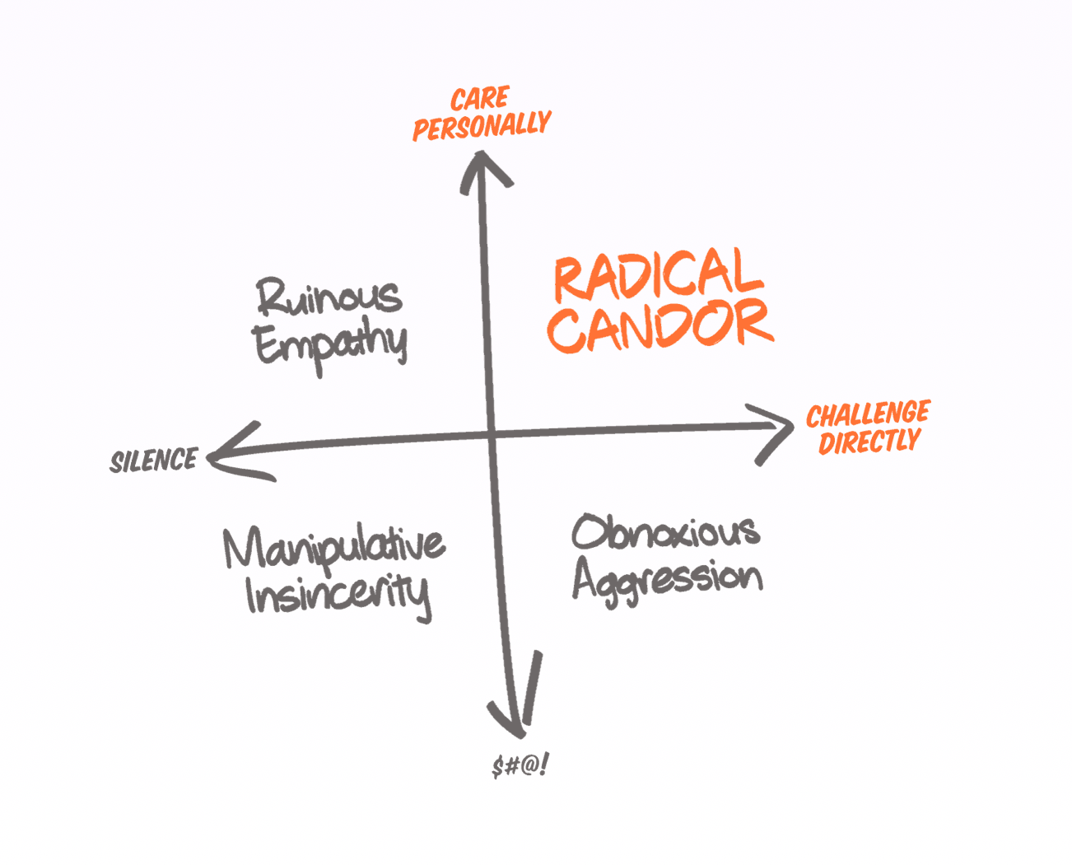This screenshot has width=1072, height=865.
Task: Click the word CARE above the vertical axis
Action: point(480,100)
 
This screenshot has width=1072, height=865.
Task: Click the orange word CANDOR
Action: point(660,326)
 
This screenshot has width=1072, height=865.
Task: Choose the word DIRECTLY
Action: point(869,442)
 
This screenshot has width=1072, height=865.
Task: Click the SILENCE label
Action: point(154,461)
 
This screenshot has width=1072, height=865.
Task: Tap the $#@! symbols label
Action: point(520,766)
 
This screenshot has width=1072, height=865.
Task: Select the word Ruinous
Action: point(329,297)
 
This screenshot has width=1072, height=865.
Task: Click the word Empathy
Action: point(330,344)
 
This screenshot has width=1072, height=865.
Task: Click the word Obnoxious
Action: point(665,532)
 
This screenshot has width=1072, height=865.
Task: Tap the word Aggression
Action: point(667,579)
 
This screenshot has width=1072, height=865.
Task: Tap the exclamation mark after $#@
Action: point(544,765)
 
